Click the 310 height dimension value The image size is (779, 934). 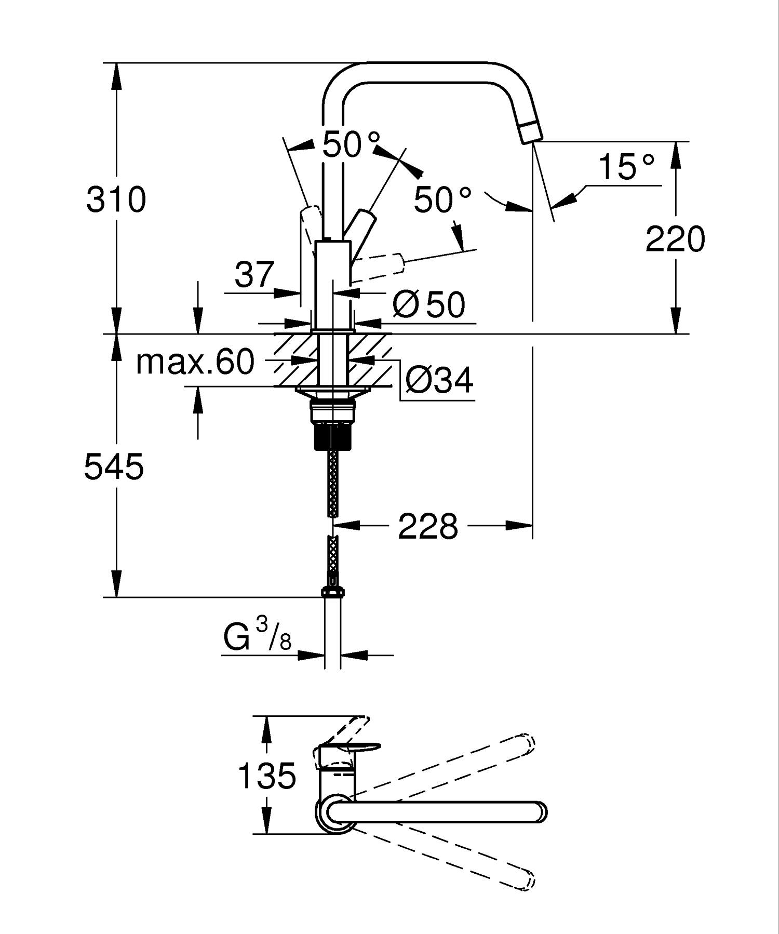(x=116, y=199)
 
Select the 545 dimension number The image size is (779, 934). (x=114, y=466)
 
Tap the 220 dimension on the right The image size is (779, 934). (x=675, y=239)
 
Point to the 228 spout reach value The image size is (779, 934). (x=428, y=526)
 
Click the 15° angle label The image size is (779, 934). (x=626, y=166)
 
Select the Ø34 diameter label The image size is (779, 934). (x=439, y=380)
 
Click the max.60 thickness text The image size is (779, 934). (x=195, y=362)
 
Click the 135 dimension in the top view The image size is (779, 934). (x=266, y=776)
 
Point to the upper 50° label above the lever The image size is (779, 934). (x=351, y=144)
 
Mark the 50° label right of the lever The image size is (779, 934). (x=442, y=199)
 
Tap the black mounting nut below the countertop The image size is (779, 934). (x=333, y=436)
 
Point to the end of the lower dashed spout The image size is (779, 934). (x=528, y=880)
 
